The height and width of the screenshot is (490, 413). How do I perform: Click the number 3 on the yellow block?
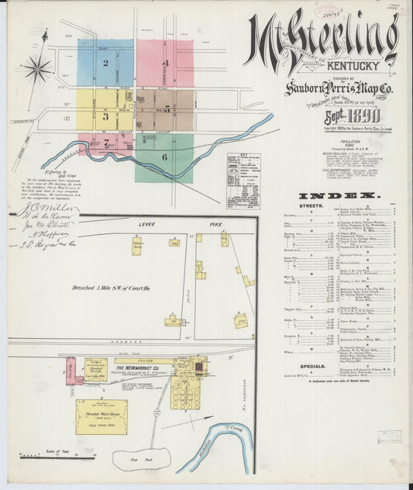pos(105,116)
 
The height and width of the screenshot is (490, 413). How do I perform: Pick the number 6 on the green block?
pos(163,157)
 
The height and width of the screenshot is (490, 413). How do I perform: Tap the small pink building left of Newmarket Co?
pos(71,371)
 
